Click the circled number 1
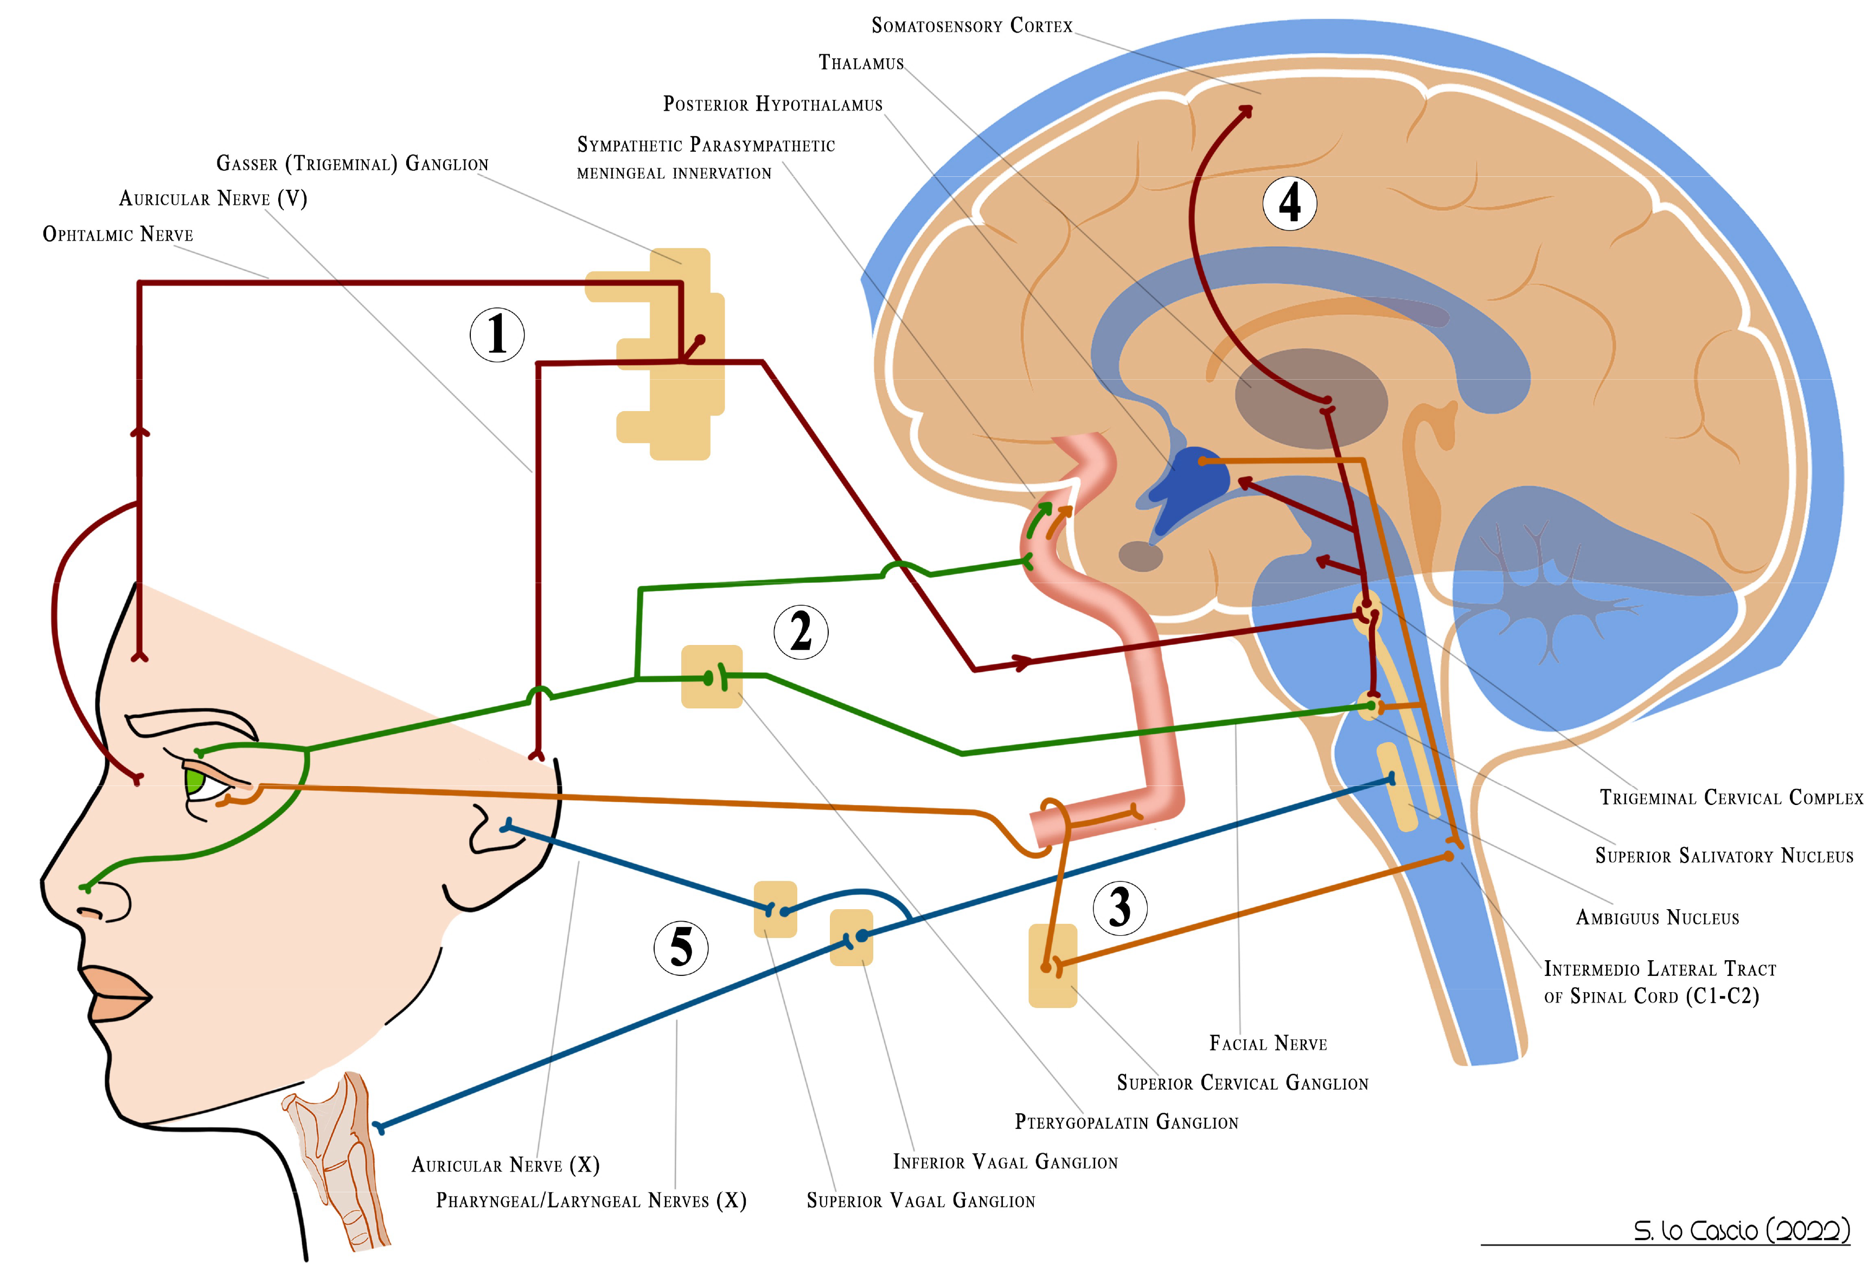click(497, 334)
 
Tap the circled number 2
click(801, 632)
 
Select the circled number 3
click(1119, 908)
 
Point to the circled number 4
click(1289, 203)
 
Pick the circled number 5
click(681, 948)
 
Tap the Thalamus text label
click(861, 63)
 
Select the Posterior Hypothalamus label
click(772, 105)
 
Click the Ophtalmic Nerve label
click(118, 235)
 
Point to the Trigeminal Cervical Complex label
click(1731, 798)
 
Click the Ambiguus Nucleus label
click(1658, 918)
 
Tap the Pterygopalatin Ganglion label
click(1126, 1123)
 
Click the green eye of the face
click(194, 781)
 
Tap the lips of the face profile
click(117, 995)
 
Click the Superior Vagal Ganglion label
click(920, 1202)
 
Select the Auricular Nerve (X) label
click(505, 1166)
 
